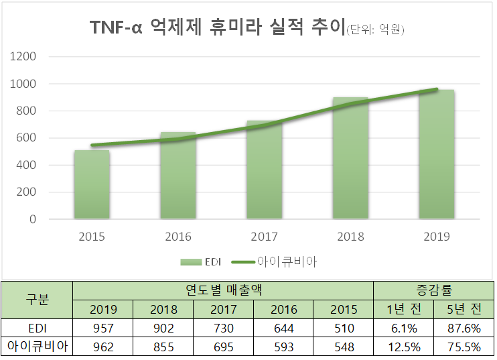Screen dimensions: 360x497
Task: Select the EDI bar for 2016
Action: (178, 176)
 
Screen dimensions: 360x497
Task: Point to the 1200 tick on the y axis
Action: (42, 56)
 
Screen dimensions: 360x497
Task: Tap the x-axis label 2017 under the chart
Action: (264, 237)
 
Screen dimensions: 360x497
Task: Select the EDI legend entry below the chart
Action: (200, 261)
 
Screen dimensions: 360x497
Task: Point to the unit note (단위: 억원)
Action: (375, 29)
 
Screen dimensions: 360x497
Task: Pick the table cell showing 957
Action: (102, 328)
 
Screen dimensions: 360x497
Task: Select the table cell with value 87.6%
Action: (464, 328)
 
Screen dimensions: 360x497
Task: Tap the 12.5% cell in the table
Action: (403, 347)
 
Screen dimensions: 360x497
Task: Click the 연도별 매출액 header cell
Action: (222, 290)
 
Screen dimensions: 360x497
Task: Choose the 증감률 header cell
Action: (433, 290)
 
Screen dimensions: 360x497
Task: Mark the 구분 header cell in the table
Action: (37, 300)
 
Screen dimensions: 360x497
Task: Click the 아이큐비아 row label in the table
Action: (37, 347)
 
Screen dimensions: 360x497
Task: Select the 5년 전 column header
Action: (464, 310)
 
